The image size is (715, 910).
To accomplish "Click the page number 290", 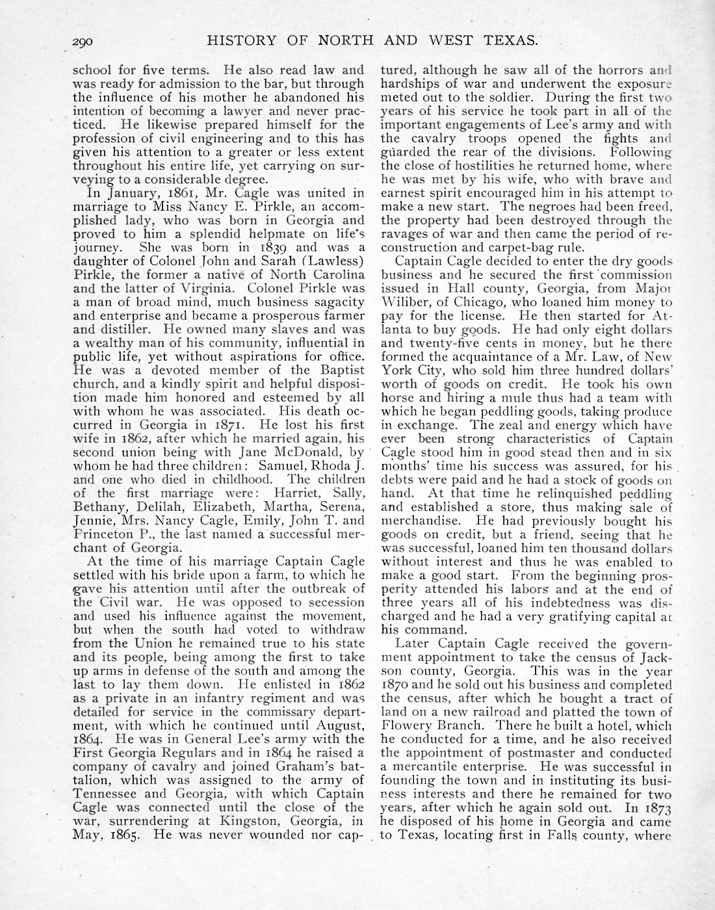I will (x=84, y=42).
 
